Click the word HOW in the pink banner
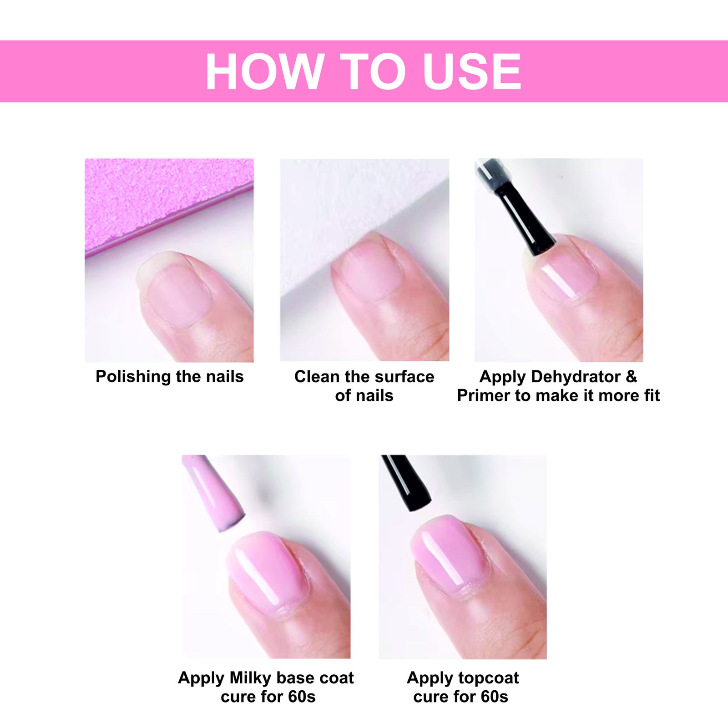pyautogui.click(x=264, y=72)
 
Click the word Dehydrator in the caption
pyautogui.click(x=576, y=377)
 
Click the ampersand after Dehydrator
pyautogui.click(x=632, y=377)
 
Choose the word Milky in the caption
pyautogui.click(x=251, y=678)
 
